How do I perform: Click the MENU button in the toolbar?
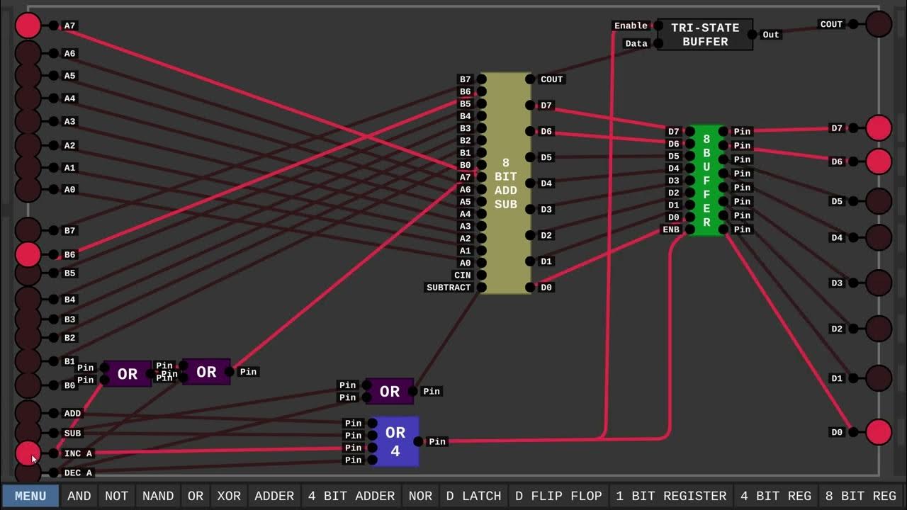coord(30,496)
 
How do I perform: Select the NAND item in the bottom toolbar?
coord(157,496)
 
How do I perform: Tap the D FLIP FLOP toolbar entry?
coord(558,496)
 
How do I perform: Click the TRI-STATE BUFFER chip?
coord(705,35)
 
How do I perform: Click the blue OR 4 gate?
coord(395,441)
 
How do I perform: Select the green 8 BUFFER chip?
coord(706,181)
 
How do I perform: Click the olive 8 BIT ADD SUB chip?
coord(505,183)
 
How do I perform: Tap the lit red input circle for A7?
coord(28,25)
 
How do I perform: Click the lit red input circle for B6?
coord(28,254)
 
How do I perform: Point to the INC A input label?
coord(78,453)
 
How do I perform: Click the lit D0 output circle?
coord(879,432)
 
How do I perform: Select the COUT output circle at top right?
coord(879,24)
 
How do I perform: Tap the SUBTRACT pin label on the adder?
coord(449,288)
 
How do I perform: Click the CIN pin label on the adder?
coord(462,275)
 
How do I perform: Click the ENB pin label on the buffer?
coord(670,229)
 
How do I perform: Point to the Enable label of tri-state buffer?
coord(631,25)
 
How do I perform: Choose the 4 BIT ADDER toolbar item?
coord(351,496)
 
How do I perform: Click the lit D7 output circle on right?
coord(879,128)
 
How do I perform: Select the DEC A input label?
coord(78,472)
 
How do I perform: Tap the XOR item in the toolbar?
coord(229,496)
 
